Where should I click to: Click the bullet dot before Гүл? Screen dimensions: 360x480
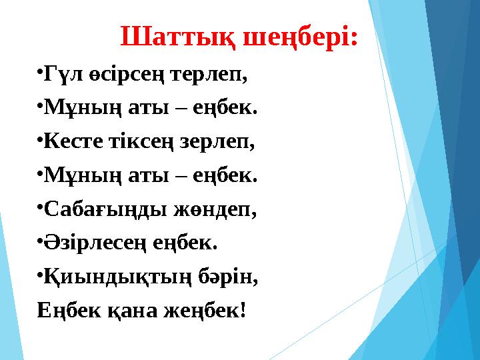(40, 71)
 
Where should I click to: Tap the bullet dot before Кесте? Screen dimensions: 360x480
(40, 139)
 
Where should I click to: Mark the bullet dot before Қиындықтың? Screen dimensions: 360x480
(40, 275)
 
